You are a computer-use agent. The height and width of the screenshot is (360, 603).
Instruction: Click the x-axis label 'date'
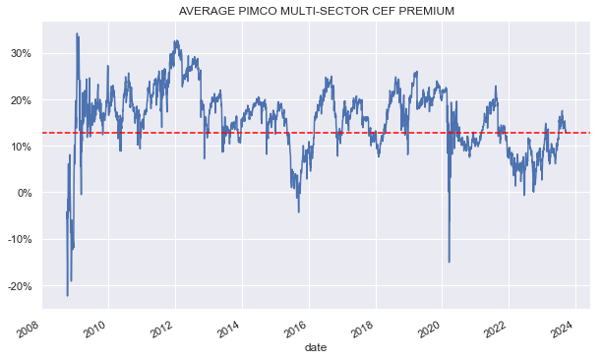click(315, 347)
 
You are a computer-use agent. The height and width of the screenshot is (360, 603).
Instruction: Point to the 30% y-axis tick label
click(20, 53)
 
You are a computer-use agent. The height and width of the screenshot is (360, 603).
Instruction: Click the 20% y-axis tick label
click(20, 100)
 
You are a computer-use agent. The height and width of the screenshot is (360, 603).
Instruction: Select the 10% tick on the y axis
click(20, 147)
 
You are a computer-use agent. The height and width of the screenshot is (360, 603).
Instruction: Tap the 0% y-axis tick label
click(24, 193)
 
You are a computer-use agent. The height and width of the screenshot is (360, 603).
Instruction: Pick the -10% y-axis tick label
click(18, 240)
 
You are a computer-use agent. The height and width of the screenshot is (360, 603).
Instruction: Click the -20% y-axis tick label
click(18, 286)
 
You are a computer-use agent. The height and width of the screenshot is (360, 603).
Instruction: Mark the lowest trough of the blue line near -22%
click(67, 295)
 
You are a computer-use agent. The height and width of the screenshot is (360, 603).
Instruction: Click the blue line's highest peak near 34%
click(77, 33)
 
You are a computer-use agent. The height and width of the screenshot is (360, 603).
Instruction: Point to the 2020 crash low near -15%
click(449, 262)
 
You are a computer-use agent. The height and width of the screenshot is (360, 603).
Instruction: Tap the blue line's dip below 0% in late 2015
click(299, 210)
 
